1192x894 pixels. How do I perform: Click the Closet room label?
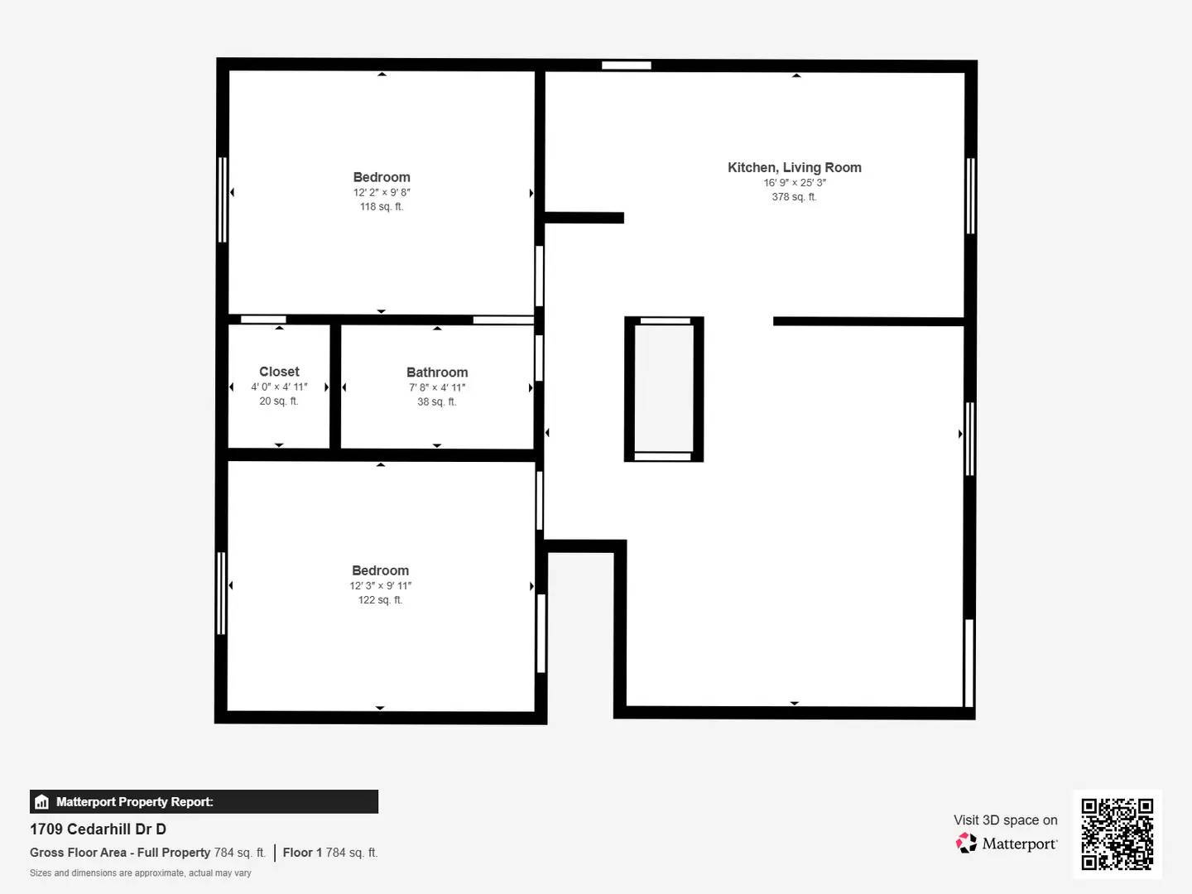click(x=279, y=372)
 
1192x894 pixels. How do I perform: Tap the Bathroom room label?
click(x=437, y=372)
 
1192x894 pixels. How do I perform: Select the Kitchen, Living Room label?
click(x=794, y=167)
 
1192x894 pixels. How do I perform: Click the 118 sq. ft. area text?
click(x=382, y=207)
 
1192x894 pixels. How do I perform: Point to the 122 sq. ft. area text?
click(x=380, y=600)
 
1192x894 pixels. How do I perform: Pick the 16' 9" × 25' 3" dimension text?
click(x=794, y=183)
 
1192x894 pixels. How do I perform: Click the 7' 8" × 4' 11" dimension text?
click(x=437, y=387)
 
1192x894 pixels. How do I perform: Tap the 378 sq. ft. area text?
click(x=794, y=197)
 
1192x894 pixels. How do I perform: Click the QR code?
click(x=1117, y=834)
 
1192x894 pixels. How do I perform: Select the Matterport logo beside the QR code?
click(x=1007, y=844)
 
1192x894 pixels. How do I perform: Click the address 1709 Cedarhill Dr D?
click(x=98, y=829)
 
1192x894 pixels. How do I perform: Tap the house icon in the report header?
click(x=42, y=802)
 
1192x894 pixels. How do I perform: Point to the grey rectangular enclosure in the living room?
click(x=664, y=389)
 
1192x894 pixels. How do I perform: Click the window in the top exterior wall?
click(x=626, y=65)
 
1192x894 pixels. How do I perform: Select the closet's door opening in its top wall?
click(x=263, y=320)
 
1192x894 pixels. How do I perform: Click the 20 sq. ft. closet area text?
click(x=279, y=401)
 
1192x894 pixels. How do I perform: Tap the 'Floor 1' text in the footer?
click(x=302, y=853)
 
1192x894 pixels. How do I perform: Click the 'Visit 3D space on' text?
click(x=1005, y=819)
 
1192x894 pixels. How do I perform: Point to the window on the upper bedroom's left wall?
click(x=222, y=199)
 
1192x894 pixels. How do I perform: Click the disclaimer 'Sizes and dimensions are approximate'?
click(x=140, y=873)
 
